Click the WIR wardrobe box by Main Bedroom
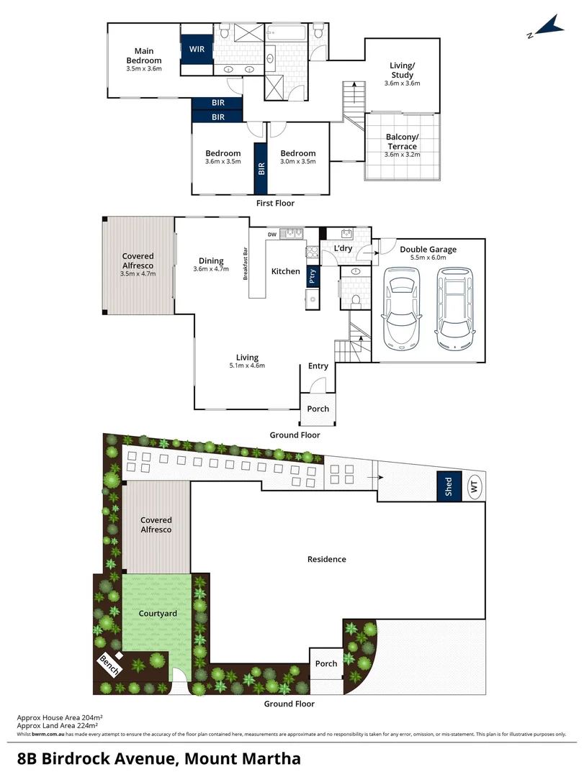coord(197,50)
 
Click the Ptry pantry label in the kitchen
coord(312,276)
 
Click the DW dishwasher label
coord(272,235)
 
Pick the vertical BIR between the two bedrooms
coord(261,169)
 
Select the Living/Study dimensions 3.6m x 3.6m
coord(402,83)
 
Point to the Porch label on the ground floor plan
coord(318,409)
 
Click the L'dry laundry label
coord(343,249)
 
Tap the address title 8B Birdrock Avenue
coord(159,758)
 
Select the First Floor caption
coord(275,204)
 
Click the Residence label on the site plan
coord(327,559)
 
